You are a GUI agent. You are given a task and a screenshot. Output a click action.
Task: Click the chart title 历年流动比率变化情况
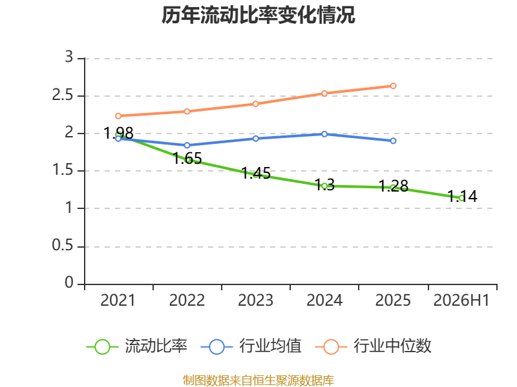(258, 15)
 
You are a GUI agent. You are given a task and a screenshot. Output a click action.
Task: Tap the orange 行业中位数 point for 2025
(393, 86)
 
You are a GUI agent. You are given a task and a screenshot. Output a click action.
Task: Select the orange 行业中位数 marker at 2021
(118, 116)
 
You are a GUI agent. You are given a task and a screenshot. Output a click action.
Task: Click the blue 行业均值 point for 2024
(324, 134)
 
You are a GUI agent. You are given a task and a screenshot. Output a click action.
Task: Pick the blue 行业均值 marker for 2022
(187, 145)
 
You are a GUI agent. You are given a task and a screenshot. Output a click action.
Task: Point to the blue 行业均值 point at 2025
(393, 141)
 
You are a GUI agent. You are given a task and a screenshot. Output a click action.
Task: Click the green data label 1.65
(187, 159)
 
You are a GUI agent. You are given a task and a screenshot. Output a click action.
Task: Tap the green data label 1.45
(256, 174)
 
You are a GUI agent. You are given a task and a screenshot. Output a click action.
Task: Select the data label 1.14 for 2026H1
(462, 197)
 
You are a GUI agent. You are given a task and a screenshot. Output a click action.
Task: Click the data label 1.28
(394, 186)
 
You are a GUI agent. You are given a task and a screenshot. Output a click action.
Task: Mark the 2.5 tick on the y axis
(62, 95)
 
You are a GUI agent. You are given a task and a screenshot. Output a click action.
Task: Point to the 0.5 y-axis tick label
(62, 246)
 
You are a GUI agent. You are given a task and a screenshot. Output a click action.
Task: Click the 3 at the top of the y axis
(69, 57)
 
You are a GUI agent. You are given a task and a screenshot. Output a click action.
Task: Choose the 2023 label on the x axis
(255, 301)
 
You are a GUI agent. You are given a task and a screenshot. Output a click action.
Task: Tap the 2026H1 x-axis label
(461, 301)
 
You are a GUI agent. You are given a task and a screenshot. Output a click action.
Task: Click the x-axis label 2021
(118, 301)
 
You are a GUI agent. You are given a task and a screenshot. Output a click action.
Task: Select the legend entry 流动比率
(137, 346)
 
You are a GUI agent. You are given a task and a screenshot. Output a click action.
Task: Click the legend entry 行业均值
(251, 346)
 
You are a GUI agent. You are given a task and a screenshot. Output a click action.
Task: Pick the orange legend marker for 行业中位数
(331, 347)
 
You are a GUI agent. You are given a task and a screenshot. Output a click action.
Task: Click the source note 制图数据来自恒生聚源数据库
(258, 381)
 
